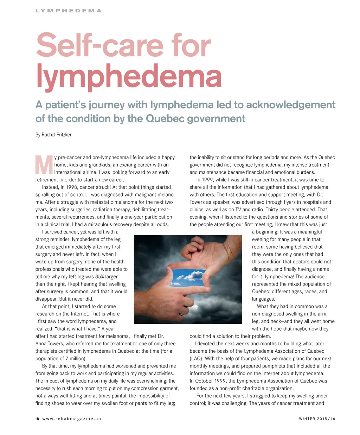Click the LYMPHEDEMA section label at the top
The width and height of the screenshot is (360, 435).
click(69, 11)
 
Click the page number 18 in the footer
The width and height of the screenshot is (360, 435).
click(37, 418)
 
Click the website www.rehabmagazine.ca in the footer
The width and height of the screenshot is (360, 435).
click(72, 418)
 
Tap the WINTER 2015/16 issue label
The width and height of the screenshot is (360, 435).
click(317, 418)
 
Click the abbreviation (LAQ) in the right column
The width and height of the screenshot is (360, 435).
click(196, 358)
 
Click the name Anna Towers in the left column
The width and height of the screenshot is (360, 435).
click(50, 344)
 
